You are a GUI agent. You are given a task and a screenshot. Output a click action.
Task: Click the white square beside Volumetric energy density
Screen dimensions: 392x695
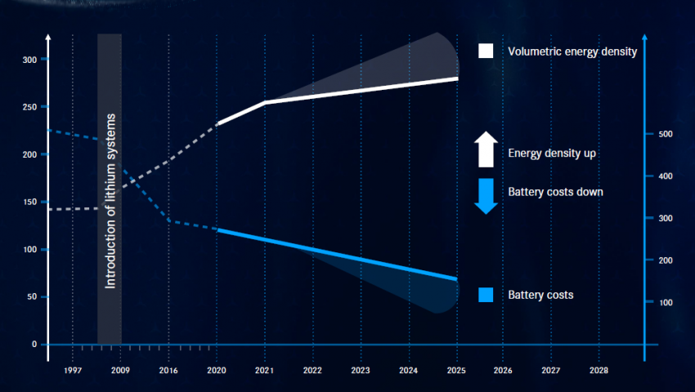click(x=486, y=51)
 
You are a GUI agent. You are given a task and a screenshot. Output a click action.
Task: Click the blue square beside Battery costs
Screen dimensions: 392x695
click(x=486, y=295)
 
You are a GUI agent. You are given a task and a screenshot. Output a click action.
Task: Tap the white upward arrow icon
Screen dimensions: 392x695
click(x=486, y=149)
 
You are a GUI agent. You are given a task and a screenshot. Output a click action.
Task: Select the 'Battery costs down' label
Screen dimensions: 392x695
click(x=555, y=192)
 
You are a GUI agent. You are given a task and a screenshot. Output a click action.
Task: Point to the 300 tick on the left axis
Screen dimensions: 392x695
click(x=29, y=60)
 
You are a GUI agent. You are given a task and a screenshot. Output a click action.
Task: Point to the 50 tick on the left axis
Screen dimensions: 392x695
click(x=31, y=296)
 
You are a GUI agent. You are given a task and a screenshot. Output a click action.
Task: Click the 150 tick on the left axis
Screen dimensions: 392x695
click(x=29, y=202)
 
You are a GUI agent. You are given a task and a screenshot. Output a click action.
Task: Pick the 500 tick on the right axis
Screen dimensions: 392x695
click(x=666, y=134)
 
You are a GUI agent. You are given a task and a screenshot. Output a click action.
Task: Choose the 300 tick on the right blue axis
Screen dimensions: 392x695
click(x=666, y=219)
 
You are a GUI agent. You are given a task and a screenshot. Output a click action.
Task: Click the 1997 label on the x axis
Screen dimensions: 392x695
click(x=73, y=370)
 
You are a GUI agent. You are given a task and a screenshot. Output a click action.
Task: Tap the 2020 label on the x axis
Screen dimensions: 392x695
click(x=217, y=370)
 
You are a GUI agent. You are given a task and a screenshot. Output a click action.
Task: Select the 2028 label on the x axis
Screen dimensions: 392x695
click(x=599, y=370)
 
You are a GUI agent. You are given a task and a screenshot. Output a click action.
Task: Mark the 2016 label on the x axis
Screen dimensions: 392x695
click(x=168, y=370)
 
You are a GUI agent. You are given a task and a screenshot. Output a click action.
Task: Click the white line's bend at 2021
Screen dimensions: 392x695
click(x=264, y=102)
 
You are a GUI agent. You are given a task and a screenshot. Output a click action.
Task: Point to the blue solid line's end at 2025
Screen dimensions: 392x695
click(x=456, y=279)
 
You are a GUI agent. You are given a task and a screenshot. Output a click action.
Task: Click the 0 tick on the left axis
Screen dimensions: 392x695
click(x=34, y=344)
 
